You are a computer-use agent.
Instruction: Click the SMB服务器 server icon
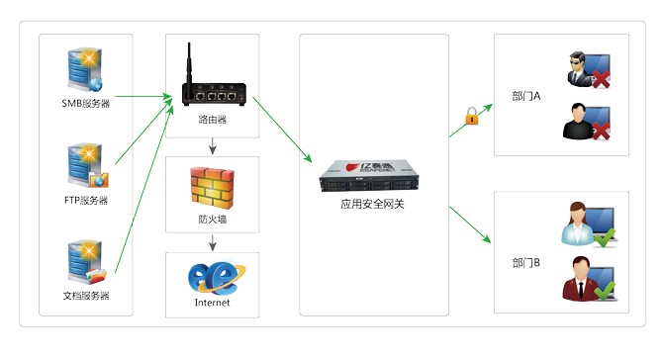pyautogui.click(x=84, y=70)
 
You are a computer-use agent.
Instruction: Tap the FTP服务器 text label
pyautogui.click(x=85, y=200)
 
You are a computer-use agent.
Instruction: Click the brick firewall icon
pyautogui.click(x=212, y=186)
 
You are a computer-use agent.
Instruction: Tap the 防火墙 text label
pyautogui.click(x=212, y=220)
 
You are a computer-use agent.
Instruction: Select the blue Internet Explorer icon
pyautogui.click(x=212, y=276)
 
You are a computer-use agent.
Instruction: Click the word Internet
pyautogui.click(x=212, y=303)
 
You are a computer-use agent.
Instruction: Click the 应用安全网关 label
pyautogui.click(x=373, y=206)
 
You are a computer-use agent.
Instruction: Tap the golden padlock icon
pyautogui.click(x=471, y=117)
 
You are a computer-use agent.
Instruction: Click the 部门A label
pyautogui.click(x=526, y=97)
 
